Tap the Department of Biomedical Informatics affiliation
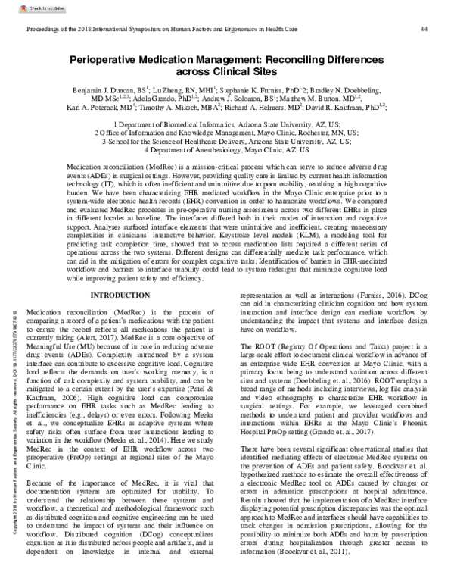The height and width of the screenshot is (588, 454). [227, 123]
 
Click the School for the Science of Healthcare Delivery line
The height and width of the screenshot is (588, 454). [227, 141]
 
